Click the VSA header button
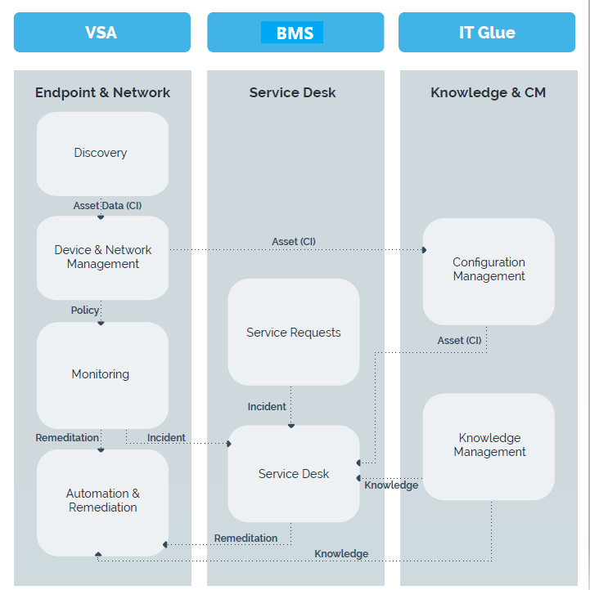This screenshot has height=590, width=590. [102, 33]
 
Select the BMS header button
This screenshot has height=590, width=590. [295, 33]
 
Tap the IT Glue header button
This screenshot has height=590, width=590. [487, 33]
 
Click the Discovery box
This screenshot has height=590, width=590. [102, 154]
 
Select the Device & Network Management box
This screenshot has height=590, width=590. [102, 257]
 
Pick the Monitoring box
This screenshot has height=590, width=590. [102, 375]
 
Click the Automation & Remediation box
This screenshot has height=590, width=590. [102, 503]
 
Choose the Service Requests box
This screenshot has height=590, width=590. [294, 332]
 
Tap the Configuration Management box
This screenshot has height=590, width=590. [489, 271]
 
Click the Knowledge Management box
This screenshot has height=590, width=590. [489, 447]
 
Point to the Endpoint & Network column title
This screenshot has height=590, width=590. [102, 92]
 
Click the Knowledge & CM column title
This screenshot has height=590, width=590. [489, 92]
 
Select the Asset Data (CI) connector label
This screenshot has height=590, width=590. [107, 206]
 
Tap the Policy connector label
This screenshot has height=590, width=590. [85, 310]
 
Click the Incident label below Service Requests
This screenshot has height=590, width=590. [267, 407]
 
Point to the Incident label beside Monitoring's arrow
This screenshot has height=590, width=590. [166, 438]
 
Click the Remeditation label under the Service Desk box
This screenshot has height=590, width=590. [245, 538]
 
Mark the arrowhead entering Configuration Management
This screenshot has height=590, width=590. [424, 250]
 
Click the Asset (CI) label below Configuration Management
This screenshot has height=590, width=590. [459, 341]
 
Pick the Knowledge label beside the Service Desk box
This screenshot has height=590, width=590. [391, 485]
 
